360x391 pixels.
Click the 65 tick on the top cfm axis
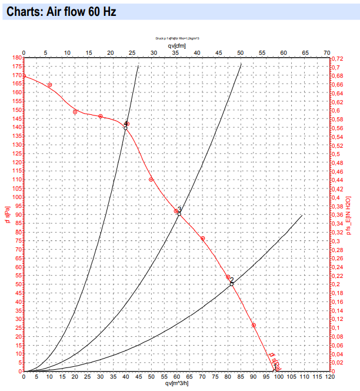click(305, 53)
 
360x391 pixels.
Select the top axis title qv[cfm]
click(178, 46)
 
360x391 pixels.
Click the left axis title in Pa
click(6, 214)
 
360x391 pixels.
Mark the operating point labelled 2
click(232, 284)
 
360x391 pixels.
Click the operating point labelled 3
click(179, 213)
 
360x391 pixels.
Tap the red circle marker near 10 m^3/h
click(49, 85)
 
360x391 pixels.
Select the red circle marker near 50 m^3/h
click(151, 180)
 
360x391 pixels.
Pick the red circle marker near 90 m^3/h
click(254, 326)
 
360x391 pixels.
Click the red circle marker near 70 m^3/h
click(202, 238)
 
